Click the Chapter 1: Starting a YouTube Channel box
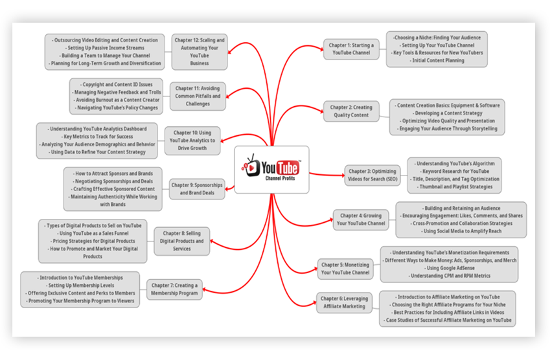click(x=351, y=49)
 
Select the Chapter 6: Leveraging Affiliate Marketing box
click(x=344, y=302)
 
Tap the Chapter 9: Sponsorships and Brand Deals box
click(x=197, y=189)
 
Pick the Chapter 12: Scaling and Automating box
click(x=200, y=52)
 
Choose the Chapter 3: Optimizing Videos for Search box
click(x=373, y=175)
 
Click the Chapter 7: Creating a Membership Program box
click(x=174, y=289)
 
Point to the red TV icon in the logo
click(x=251, y=166)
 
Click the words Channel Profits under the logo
click(x=281, y=179)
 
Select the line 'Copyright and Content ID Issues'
click(x=116, y=84)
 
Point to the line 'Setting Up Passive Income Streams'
click(x=104, y=48)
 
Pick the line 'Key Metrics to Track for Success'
click(x=97, y=137)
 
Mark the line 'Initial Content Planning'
click(x=437, y=60)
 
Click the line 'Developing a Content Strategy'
click(x=447, y=113)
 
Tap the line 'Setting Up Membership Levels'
click(x=80, y=286)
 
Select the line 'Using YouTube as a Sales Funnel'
click(x=93, y=233)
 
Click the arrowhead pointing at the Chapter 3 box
click(x=342, y=175)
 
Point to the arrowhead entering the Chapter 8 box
click(x=213, y=242)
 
